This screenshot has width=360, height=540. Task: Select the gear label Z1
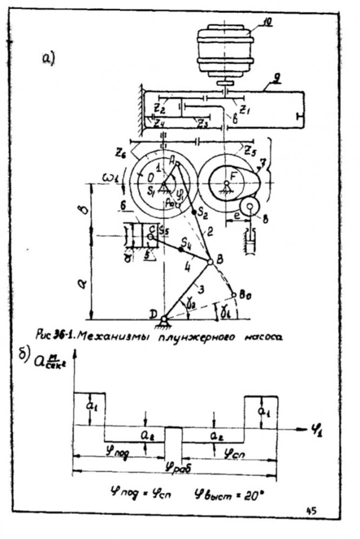244,111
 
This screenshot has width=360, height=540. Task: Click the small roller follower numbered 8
250,206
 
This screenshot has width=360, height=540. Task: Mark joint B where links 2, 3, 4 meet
210,262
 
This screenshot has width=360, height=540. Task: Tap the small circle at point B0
234,295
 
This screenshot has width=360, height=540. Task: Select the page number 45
312,510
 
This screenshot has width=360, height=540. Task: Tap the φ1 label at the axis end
316,431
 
